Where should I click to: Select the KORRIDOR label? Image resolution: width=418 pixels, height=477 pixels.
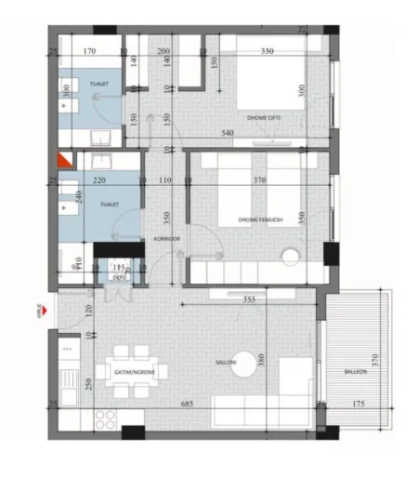(167, 240)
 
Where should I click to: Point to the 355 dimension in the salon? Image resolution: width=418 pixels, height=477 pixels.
(248, 299)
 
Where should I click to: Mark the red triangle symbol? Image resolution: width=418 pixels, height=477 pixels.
(64, 160)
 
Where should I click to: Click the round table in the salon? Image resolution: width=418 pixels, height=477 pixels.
(243, 369)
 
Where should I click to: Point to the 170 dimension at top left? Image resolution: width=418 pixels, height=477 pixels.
(90, 51)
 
